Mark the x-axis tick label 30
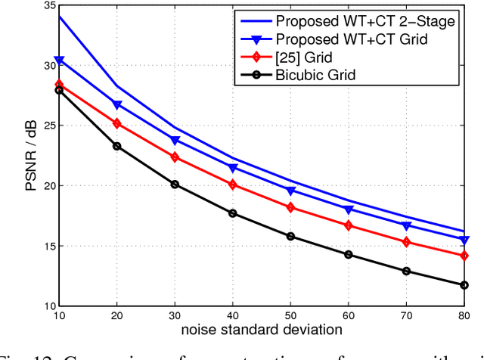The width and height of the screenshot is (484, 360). [175, 317]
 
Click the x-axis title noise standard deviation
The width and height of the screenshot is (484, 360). [262, 331]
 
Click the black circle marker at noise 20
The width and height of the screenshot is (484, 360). [117, 146]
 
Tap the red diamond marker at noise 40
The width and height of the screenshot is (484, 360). [233, 185]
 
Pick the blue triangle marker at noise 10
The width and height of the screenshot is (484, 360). [59, 60]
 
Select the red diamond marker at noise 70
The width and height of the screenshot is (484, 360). [407, 242]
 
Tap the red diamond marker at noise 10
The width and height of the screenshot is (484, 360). [59, 84]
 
